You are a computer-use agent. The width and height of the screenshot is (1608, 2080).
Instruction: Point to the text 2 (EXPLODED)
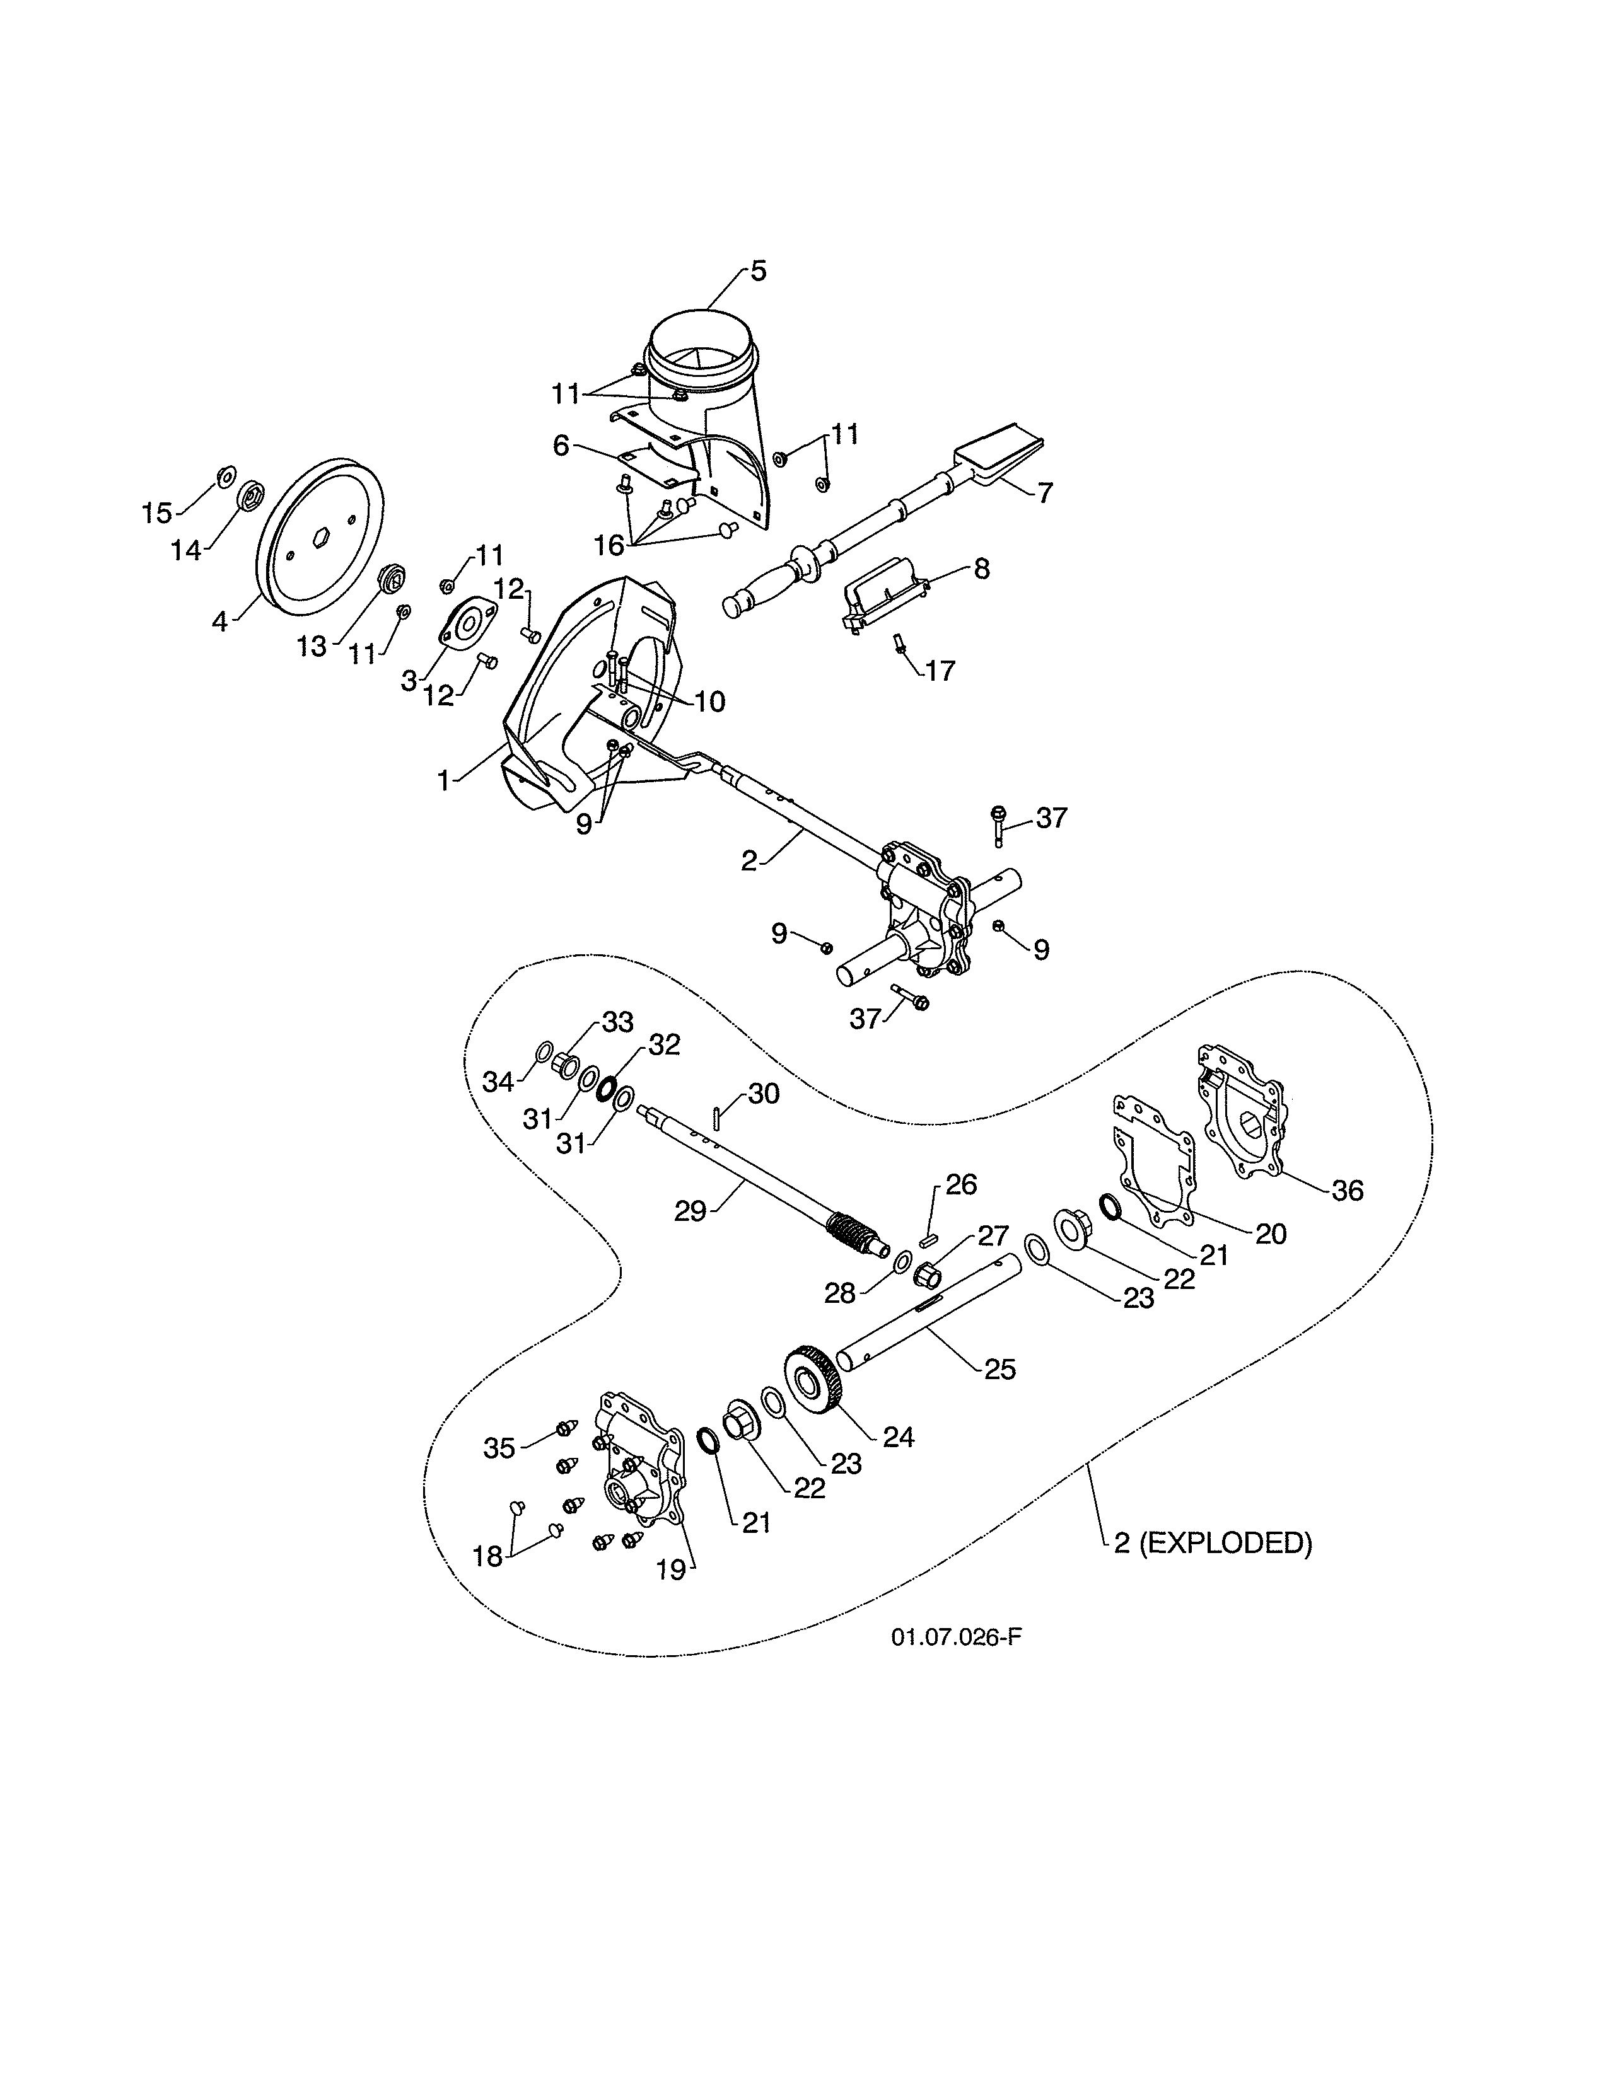[x=1213, y=1543]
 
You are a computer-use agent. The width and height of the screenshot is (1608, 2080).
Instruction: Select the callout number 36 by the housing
[x=1347, y=1191]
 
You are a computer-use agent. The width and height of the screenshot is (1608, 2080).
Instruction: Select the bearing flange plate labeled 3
[x=468, y=626]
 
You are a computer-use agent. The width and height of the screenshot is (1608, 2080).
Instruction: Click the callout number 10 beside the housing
[x=709, y=702]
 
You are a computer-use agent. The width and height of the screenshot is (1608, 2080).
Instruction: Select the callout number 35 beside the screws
[x=499, y=1448]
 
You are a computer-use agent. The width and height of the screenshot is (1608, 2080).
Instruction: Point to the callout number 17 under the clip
[x=940, y=671]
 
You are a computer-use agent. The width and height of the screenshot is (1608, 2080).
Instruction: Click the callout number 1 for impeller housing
[x=443, y=781]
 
